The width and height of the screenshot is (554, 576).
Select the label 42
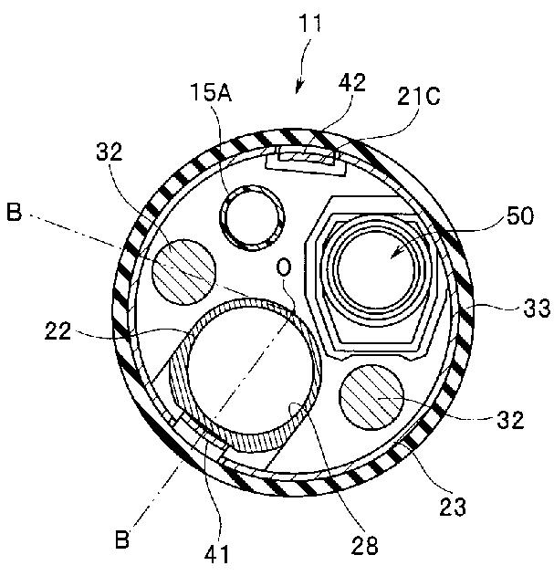coord(351,83)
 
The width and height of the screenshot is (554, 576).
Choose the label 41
coord(219,552)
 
